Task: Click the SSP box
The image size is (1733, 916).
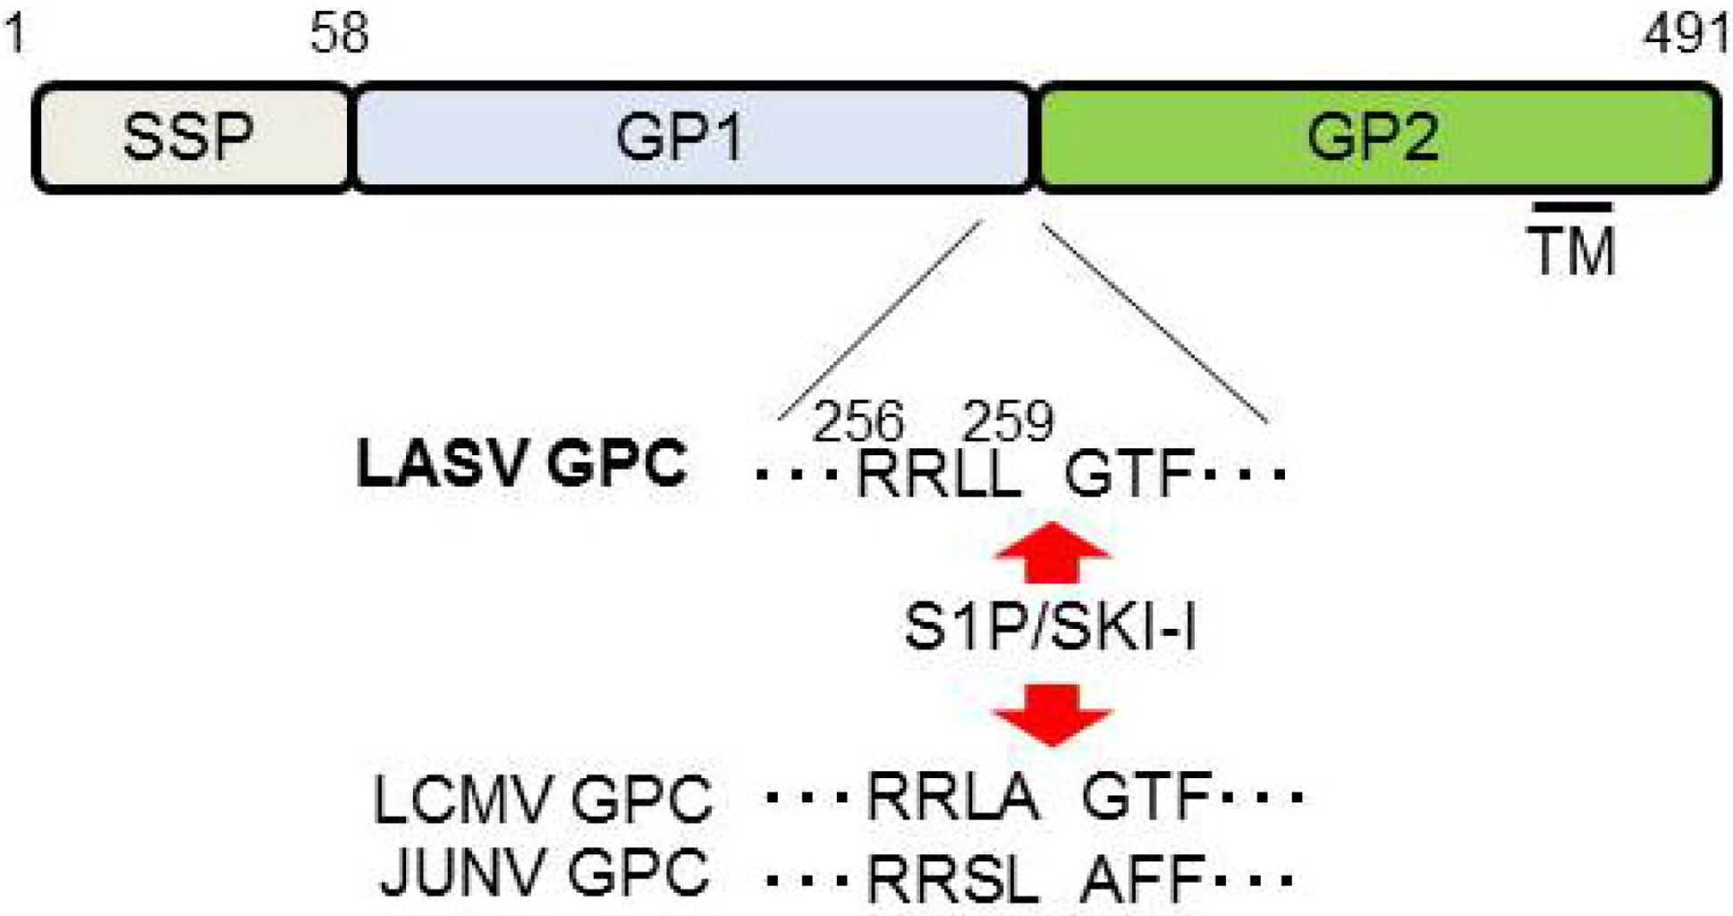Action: [x=190, y=137]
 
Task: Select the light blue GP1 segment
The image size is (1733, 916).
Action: [x=693, y=137]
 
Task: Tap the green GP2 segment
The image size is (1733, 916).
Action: [x=1377, y=137]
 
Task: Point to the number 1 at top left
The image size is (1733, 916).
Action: [x=16, y=34]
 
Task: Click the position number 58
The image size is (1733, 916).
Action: [x=339, y=34]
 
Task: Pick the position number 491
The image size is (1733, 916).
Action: [x=1686, y=34]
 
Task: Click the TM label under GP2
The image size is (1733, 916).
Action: [x=1572, y=252]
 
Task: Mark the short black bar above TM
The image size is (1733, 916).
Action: [x=1572, y=208]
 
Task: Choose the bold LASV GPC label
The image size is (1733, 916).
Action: [x=521, y=463]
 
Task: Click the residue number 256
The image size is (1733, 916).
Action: [x=858, y=420]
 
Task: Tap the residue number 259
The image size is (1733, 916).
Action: [x=1008, y=420]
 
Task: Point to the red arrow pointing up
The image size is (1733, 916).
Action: [x=1052, y=551]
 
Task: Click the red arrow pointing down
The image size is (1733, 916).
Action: [x=1052, y=714]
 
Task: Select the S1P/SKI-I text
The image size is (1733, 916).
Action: [x=1051, y=626]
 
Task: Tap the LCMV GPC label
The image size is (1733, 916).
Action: [x=543, y=799]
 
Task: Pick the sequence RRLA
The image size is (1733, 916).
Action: [x=953, y=795]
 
